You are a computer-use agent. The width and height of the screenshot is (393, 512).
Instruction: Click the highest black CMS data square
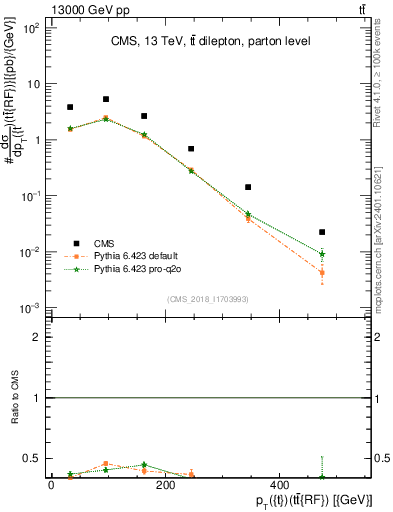(x=106, y=99)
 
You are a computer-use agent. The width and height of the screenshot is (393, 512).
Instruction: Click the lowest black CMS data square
(x=322, y=232)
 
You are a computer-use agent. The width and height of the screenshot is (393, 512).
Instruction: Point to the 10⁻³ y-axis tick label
(x=30, y=308)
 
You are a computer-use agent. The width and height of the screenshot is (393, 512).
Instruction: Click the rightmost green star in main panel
(x=322, y=254)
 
